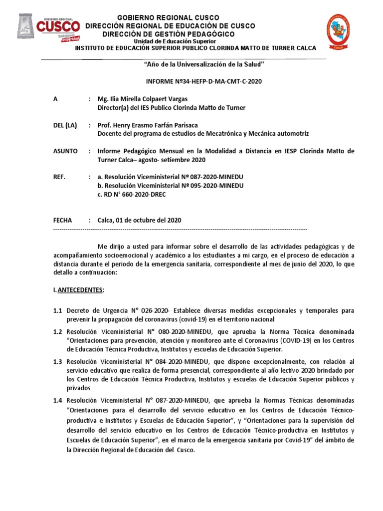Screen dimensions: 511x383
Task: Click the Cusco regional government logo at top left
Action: click(48, 29)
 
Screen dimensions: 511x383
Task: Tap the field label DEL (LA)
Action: click(65, 125)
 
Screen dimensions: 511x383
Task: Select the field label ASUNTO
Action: click(65, 151)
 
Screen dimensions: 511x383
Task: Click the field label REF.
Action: click(60, 177)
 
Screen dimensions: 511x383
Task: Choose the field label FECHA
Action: click(62, 220)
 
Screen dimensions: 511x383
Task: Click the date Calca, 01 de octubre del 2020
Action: click(139, 220)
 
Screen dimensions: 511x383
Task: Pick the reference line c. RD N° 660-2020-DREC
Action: click(132, 194)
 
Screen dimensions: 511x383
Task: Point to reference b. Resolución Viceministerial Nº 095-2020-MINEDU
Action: click(170, 186)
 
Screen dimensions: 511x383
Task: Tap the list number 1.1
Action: click(57, 311)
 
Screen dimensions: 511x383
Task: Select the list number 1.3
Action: click(57, 361)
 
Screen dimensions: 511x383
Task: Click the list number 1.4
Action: click(57, 400)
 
